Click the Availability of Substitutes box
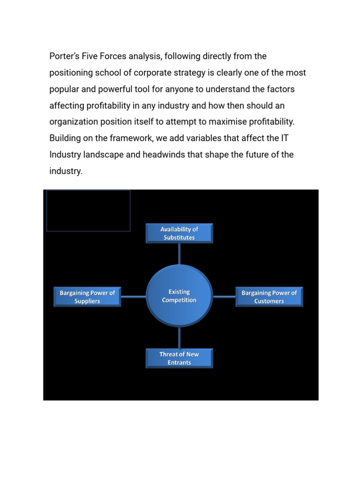pos(179,233)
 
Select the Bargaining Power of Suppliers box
pos(87,297)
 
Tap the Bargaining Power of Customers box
pos(269,297)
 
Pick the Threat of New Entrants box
pos(179,358)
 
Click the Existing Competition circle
pos(179,296)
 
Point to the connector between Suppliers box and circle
pos(134,296)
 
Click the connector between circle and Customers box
pos(224,296)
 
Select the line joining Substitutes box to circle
pos(179,254)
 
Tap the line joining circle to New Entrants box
pos(179,337)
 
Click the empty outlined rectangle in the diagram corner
pos(88,210)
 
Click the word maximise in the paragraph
pos(226,122)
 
